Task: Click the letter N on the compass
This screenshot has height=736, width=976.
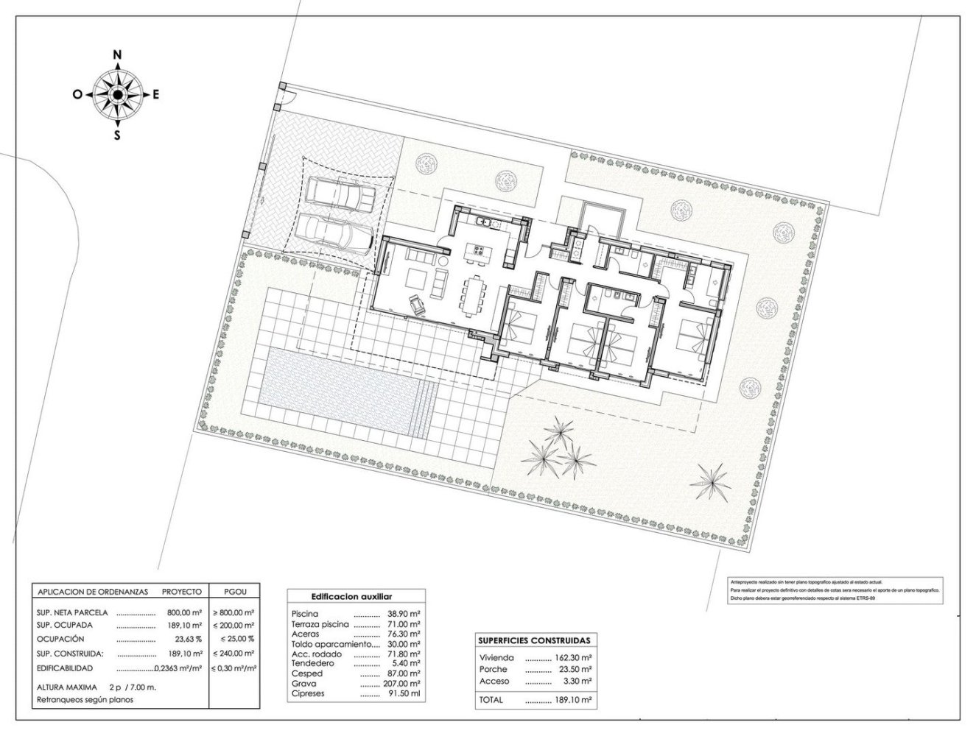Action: pyautogui.click(x=116, y=54)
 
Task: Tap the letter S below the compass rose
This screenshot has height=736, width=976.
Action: pyautogui.click(x=116, y=135)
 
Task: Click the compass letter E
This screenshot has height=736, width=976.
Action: pyautogui.click(x=156, y=94)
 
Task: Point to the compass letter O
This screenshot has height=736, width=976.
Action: pyautogui.click(x=77, y=94)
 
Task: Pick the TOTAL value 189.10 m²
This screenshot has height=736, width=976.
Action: pyautogui.click(x=560, y=700)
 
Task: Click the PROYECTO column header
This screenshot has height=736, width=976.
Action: pyautogui.click(x=182, y=591)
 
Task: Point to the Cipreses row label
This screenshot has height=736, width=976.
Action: pyautogui.click(x=308, y=693)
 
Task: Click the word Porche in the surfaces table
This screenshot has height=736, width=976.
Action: pyautogui.click(x=494, y=670)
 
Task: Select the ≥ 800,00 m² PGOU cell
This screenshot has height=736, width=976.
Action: pyautogui.click(x=234, y=612)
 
